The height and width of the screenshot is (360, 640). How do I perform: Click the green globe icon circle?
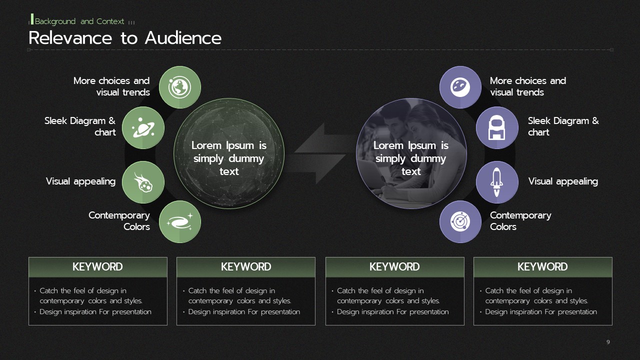pyautogui.click(x=180, y=87)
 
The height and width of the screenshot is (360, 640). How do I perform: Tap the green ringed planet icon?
pyautogui.click(x=143, y=127)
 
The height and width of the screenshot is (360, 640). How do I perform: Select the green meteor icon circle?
pyautogui.click(x=143, y=182)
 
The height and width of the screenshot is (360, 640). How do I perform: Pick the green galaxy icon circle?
pyautogui.click(x=180, y=221)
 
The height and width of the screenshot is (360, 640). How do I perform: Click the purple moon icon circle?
pyautogui.click(x=460, y=87)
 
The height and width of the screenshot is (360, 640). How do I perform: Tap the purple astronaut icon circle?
pyautogui.click(x=497, y=127)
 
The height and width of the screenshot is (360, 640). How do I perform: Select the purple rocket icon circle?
pyautogui.click(x=497, y=182)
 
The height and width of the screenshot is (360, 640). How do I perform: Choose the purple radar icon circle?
pyautogui.click(x=460, y=221)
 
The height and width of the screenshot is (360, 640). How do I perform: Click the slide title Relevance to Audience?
pyautogui.click(x=125, y=38)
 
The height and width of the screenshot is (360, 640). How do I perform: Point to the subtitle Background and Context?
pyautogui.click(x=79, y=21)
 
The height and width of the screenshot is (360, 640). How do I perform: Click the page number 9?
pyautogui.click(x=608, y=342)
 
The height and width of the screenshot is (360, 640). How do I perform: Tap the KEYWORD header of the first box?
pyautogui.click(x=97, y=267)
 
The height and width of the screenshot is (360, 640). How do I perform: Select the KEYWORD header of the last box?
pyautogui.click(x=542, y=267)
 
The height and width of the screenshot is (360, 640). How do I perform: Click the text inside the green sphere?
pyautogui.click(x=229, y=158)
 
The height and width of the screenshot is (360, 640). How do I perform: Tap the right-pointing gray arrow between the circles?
pyautogui.click(x=317, y=168)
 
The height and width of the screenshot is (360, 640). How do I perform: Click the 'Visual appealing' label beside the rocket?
pyautogui.click(x=563, y=181)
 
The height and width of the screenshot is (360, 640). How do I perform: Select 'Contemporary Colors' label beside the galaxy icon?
pyautogui.click(x=119, y=221)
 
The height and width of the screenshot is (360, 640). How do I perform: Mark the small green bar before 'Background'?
pyautogui.click(x=32, y=19)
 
